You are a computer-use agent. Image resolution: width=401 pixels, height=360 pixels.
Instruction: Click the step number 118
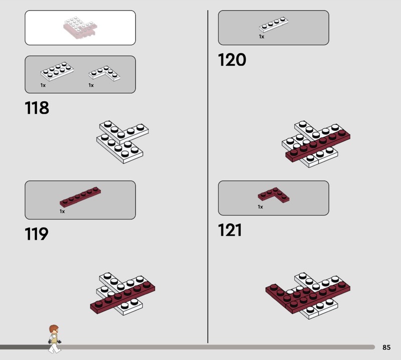pos(37,108)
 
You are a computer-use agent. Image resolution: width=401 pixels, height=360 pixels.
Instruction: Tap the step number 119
pos(37,234)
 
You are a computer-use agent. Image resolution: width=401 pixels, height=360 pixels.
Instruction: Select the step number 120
pos(232,60)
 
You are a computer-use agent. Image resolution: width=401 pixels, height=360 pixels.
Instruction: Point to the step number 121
pos(230,230)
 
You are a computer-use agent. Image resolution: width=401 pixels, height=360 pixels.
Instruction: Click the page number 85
pos(386,347)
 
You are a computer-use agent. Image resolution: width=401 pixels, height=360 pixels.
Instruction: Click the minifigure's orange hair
pos(54,328)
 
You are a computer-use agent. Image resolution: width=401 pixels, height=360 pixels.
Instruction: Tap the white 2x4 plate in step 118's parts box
pos(57,71)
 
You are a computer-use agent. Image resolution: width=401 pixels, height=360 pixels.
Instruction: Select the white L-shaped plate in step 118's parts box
pos(104,73)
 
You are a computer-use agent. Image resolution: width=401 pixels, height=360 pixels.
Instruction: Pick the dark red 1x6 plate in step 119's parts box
pos(80,197)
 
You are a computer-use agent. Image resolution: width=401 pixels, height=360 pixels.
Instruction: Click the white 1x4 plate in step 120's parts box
pos(273,24)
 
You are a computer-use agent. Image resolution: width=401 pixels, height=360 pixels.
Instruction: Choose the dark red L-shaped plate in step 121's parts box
pos(274,195)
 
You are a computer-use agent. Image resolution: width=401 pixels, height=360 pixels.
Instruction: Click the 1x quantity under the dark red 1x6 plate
pos(62,212)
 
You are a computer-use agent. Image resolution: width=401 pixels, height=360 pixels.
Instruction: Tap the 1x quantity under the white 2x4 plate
pos(43,85)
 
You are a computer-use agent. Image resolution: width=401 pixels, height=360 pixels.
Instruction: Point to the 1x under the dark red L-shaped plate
pos(260,207)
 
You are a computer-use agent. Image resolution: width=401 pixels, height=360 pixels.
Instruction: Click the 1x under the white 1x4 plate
pos(261,37)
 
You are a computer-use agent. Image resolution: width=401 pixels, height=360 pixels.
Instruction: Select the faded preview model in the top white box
pos(80,28)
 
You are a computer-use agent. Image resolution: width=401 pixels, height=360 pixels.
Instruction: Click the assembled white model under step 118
pos(122,142)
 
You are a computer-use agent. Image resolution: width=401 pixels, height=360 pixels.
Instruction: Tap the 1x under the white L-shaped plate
pos(91,85)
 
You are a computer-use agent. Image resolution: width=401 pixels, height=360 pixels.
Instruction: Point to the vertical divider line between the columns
pos(208,176)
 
